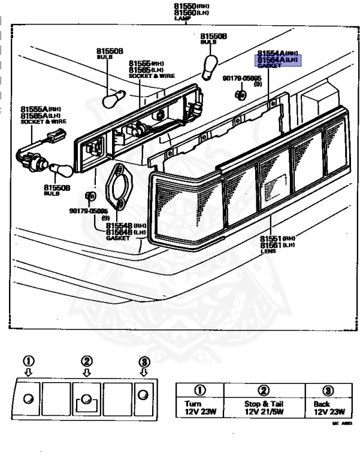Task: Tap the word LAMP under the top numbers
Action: (181, 19)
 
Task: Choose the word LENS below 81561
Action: (268, 252)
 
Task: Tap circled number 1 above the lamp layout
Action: (28, 361)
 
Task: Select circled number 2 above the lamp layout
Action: (87, 361)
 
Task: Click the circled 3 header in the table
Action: (328, 391)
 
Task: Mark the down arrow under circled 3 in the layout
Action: (144, 373)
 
